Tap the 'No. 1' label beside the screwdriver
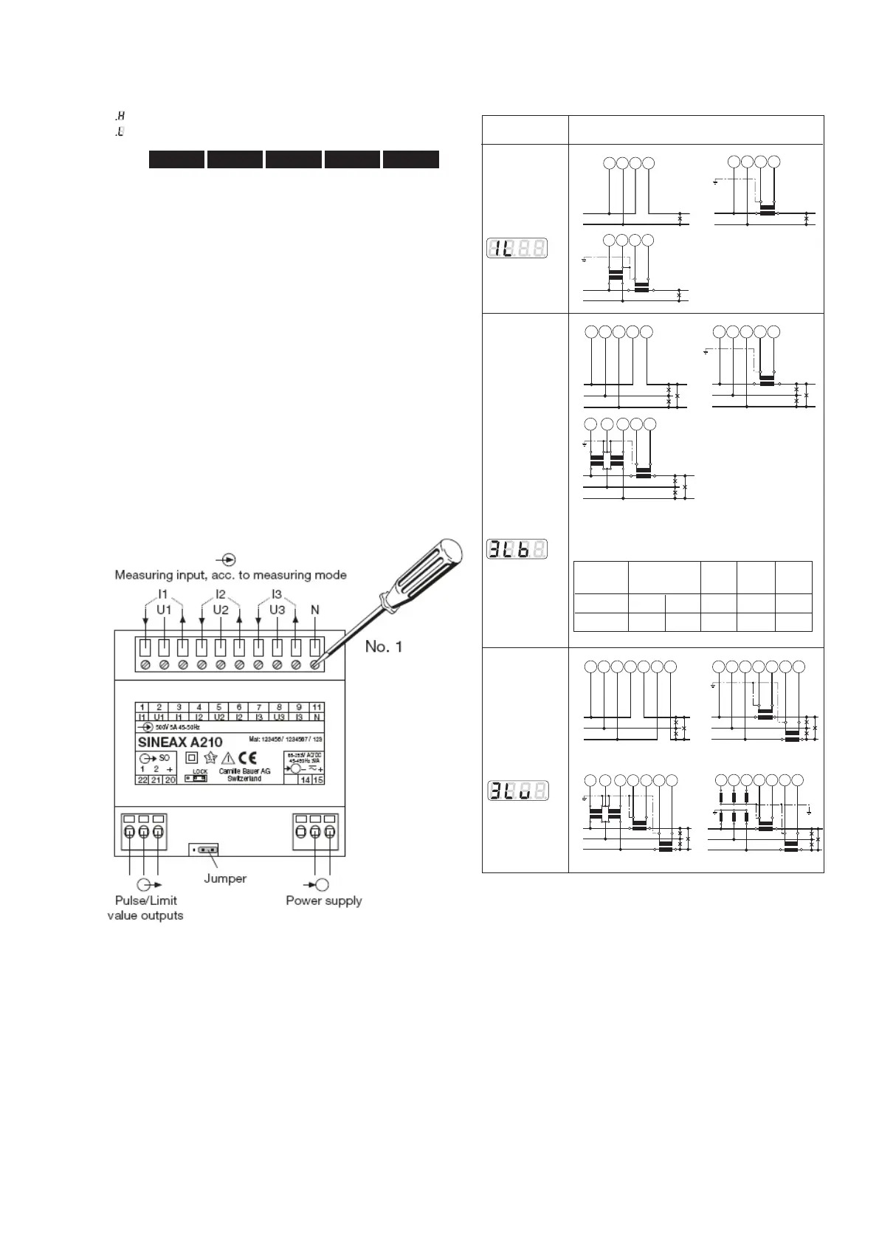[x=384, y=647]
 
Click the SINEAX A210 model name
[x=180, y=742]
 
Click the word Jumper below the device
[x=225, y=878]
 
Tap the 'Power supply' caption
[x=324, y=901]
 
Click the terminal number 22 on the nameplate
[x=142, y=780]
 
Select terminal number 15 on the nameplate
[x=318, y=780]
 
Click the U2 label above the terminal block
[x=221, y=610]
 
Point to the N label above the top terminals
[x=315, y=610]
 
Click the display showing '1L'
[x=517, y=249]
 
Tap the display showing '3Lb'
[x=517, y=549]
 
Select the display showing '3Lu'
[x=517, y=791]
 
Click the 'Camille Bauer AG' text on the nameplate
[x=245, y=771]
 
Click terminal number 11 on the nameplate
[x=317, y=707]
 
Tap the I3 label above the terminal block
[x=277, y=595]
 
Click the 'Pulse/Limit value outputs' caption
[x=145, y=908]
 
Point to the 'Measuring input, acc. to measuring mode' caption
[x=230, y=575]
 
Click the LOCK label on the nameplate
[x=200, y=771]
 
